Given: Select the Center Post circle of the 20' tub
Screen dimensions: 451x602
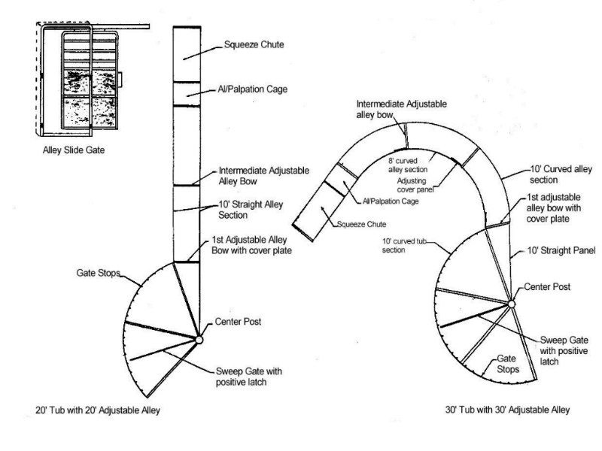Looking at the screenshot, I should (199, 340).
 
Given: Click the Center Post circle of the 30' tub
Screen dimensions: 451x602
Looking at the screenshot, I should (511, 304).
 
